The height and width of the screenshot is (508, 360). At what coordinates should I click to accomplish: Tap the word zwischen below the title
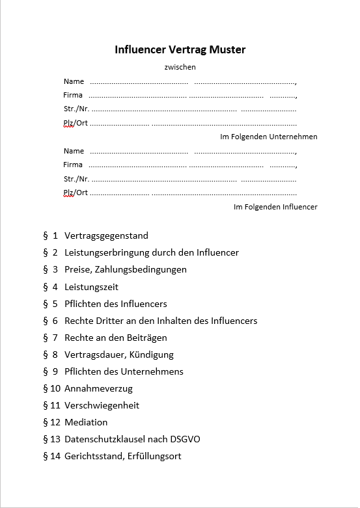pos(180,67)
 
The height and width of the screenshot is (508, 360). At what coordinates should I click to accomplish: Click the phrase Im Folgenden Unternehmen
pos(269,137)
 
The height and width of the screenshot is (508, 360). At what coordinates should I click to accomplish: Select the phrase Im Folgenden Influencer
pos(275,207)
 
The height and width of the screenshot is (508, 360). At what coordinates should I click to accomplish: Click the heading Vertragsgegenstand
pos(106,235)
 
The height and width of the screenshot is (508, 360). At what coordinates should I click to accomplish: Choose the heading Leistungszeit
pos(91,287)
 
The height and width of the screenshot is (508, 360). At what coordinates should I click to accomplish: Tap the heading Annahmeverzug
pos(98,388)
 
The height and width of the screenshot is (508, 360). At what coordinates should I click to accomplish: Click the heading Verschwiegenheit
pos(102,405)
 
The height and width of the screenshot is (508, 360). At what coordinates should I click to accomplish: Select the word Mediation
pos(86,422)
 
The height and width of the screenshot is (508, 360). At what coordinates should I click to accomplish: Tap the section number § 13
pos(51,439)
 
